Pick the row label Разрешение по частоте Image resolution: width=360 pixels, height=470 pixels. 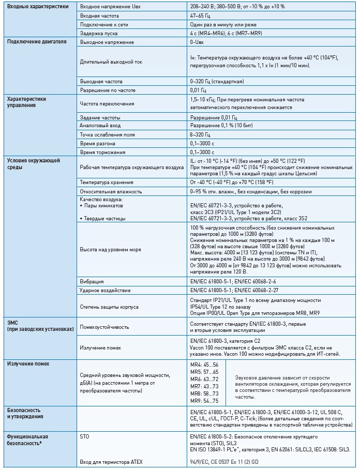(107, 90)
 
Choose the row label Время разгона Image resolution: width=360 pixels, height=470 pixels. (98, 143)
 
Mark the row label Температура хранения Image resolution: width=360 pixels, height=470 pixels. (105, 183)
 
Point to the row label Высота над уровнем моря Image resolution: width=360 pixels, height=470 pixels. (111, 250)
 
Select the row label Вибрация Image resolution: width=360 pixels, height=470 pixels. (92, 282)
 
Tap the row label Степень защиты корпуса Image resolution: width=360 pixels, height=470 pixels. (109, 307)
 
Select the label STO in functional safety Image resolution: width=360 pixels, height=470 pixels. (84, 437)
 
